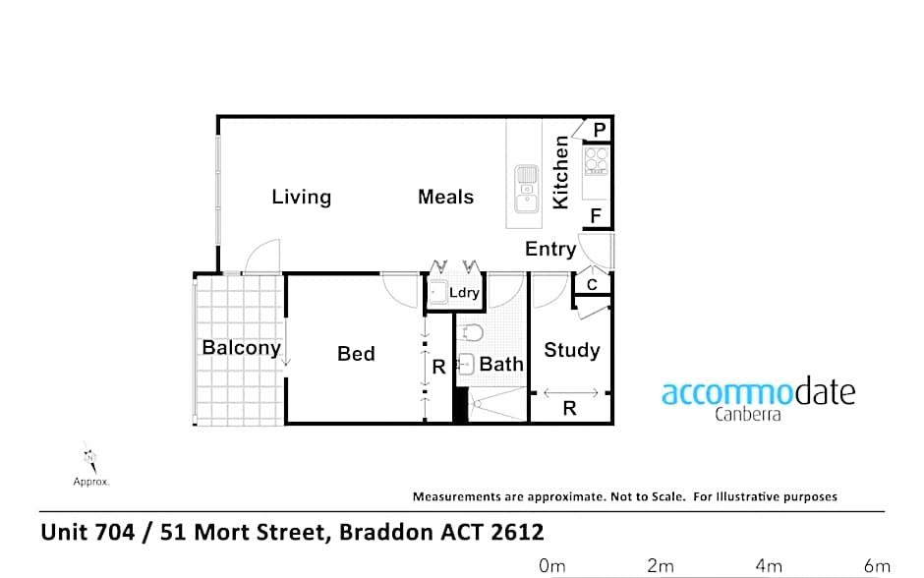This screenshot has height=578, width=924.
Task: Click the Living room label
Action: pyautogui.click(x=301, y=197)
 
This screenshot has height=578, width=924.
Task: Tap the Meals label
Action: pyautogui.click(x=445, y=197)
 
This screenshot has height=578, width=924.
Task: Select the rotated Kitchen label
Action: pyautogui.click(x=561, y=172)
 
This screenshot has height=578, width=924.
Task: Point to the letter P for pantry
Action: pyautogui.click(x=600, y=129)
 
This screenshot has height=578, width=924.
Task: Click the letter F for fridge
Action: pyautogui.click(x=596, y=215)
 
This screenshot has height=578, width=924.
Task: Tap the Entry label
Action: pyautogui.click(x=549, y=249)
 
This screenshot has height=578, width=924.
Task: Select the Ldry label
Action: pyautogui.click(x=464, y=293)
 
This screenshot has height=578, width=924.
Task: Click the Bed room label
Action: pyautogui.click(x=356, y=353)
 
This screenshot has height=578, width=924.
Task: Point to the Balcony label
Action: pyautogui.click(x=241, y=347)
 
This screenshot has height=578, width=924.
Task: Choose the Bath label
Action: pyautogui.click(x=501, y=364)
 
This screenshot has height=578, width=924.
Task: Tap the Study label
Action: pyautogui.click(x=571, y=350)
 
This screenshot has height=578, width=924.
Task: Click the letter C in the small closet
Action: pyautogui.click(x=592, y=285)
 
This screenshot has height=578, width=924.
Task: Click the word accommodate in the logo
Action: pyautogui.click(x=758, y=392)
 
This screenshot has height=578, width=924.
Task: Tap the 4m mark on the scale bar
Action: pyautogui.click(x=769, y=565)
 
